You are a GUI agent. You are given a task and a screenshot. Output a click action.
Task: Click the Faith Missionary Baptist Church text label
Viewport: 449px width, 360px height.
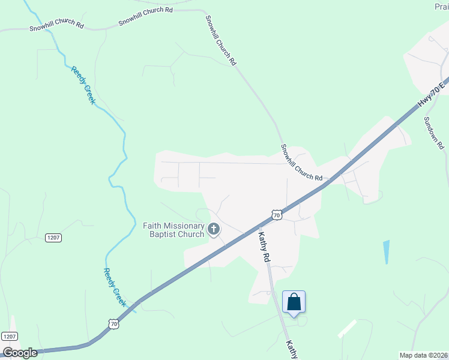(173, 230)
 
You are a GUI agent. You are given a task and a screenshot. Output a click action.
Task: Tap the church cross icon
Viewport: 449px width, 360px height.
(214, 229)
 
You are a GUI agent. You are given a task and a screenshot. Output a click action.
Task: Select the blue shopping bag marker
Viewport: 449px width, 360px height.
(294, 301)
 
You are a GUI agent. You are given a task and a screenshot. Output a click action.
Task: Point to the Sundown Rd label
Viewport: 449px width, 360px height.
(433, 133)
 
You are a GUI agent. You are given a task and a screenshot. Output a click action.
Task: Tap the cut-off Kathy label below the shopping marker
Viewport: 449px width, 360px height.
(291, 350)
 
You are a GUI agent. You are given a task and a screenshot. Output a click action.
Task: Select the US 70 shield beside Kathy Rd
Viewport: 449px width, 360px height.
(276, 214)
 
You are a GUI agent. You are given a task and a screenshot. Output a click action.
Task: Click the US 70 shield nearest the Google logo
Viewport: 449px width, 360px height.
(114, 324)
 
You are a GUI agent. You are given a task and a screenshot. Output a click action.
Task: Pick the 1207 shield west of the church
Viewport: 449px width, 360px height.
(53, 238)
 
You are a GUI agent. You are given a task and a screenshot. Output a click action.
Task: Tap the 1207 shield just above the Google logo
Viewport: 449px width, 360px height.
(9, 337)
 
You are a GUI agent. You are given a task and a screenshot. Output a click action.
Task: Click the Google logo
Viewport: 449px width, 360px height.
(20, 353)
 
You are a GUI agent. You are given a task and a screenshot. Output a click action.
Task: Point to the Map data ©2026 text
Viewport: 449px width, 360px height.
(423, 355)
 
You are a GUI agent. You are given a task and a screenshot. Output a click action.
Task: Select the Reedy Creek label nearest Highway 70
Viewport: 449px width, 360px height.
(115, 287)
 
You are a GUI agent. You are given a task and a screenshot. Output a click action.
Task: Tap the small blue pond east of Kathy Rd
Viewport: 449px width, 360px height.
(385, 251)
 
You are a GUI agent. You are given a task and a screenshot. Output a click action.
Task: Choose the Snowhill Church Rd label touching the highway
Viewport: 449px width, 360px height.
(301, 162)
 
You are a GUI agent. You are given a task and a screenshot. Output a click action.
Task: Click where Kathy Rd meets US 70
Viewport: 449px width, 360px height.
(257, 228)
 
